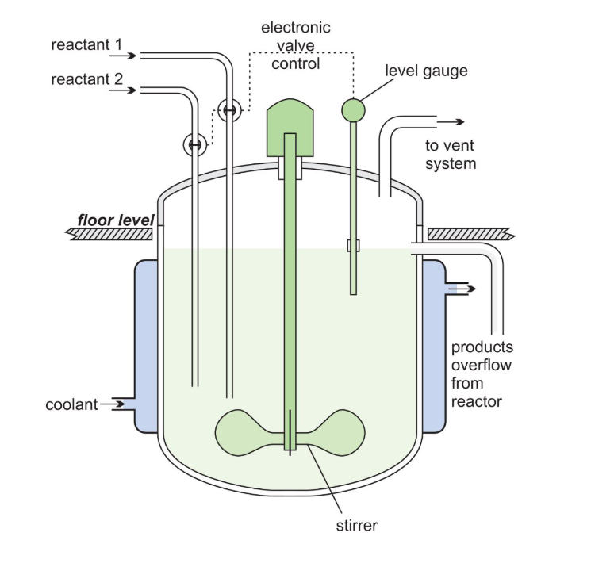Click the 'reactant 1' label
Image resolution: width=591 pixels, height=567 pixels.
(86, 45)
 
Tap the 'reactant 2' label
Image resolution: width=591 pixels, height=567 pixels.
(86, 80)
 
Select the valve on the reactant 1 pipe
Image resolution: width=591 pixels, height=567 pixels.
(228, 110)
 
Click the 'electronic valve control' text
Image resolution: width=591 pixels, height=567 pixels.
(295, 45)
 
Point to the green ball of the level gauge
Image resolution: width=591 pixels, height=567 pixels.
(353, 108)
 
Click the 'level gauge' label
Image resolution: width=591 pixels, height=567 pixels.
(426, 71)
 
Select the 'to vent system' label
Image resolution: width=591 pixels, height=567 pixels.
(451, 154)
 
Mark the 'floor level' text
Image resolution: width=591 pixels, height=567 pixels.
(115, 220)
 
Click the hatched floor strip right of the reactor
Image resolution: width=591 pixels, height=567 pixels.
(471, 234)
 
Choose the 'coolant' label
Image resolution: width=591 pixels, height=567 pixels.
(71, 405)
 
